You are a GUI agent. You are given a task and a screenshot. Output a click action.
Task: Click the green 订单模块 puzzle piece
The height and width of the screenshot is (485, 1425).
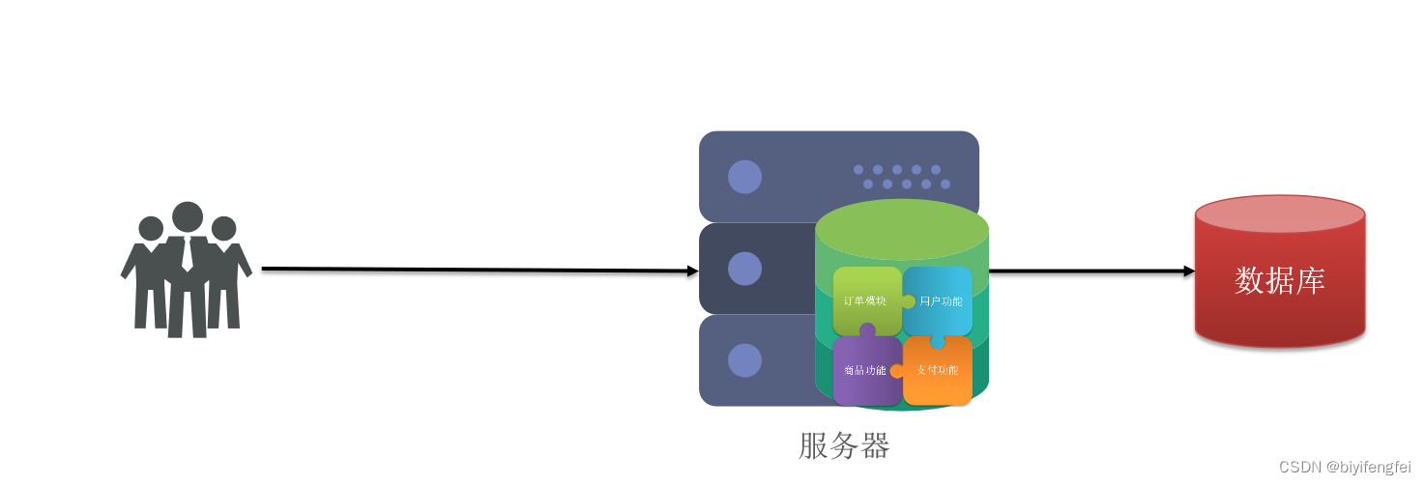coord(866,300)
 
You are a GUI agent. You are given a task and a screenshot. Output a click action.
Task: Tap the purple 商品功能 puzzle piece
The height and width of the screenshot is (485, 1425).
coord(865,370)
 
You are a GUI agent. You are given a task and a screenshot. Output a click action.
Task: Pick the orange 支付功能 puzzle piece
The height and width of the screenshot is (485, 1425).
coord(938,370)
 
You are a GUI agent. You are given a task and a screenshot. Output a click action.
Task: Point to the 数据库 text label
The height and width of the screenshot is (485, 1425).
coord(1279,280)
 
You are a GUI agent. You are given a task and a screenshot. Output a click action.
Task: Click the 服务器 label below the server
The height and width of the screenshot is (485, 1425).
coord(844,445)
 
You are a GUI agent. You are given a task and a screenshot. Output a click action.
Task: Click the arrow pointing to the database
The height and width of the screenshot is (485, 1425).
coord(1092,271)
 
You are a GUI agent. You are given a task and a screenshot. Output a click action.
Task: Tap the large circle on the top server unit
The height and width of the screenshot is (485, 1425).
coord(744,177)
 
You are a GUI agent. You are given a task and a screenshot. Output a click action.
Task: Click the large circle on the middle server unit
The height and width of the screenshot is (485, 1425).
coord(744,269)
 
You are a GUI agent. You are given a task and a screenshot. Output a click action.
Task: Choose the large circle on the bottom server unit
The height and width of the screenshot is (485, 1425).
coord(744,359)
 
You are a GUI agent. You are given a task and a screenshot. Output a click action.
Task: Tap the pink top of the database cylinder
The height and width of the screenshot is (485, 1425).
coord(1279,214)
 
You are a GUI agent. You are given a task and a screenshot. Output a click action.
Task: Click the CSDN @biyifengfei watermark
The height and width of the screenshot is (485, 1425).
coord(1344,467)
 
